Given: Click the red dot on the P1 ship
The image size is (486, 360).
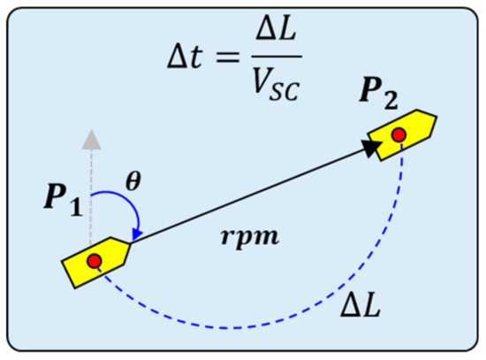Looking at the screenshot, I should (x=95, y=260).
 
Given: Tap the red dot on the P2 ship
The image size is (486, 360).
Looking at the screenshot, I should (x=399, y=135).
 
